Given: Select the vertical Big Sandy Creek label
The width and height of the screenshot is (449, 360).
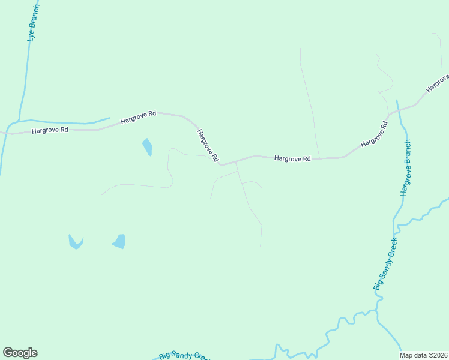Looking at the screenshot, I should [386, 263].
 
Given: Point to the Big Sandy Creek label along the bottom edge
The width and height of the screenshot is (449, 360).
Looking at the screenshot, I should [183, 355].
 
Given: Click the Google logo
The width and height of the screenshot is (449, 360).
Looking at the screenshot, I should [20, 353].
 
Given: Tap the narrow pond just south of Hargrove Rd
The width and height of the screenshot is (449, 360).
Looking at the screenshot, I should [147, 146].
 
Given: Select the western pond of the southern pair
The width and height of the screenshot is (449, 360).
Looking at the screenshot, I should [76, 242].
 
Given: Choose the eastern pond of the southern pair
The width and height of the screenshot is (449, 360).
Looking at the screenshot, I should [119, 241].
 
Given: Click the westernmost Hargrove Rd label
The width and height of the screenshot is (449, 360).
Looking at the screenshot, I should [50, 130].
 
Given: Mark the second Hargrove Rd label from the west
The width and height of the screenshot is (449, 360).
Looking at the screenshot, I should [138, 116].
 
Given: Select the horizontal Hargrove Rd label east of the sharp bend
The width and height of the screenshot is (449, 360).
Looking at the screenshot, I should [292, 159].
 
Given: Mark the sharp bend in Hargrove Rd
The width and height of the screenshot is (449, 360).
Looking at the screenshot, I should [220, 163].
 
